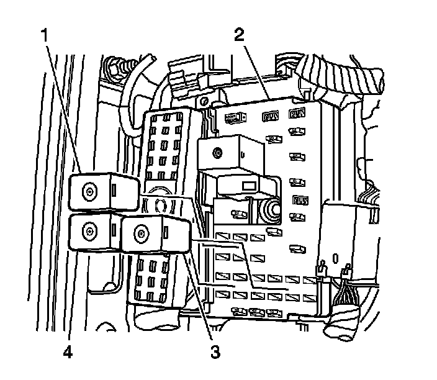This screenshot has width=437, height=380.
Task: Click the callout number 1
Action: (x=45, y=35)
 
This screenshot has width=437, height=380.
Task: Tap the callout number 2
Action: (x=239, y=35)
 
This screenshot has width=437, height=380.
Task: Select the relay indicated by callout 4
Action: (x=97, y=232)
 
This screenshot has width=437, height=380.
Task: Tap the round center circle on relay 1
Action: (x=91, y=191)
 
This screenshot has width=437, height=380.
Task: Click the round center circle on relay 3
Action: (x=142, y=234)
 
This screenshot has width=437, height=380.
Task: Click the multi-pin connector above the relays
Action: (x=165, y=147)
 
